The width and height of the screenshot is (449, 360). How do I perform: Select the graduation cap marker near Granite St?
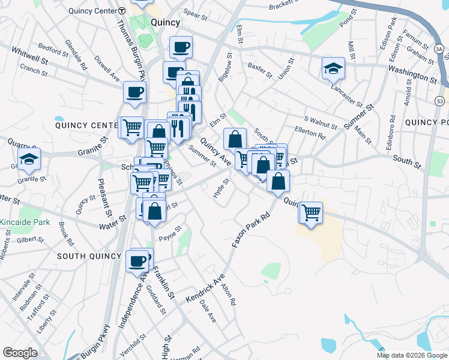28,160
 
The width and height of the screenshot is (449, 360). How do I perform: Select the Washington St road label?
412,77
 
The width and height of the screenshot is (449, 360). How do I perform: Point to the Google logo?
20,352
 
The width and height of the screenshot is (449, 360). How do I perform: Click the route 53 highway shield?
440,98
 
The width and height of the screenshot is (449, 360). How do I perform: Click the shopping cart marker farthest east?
311,212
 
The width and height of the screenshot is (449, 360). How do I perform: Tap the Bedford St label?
50,46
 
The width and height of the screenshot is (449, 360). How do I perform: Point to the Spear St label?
195,13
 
